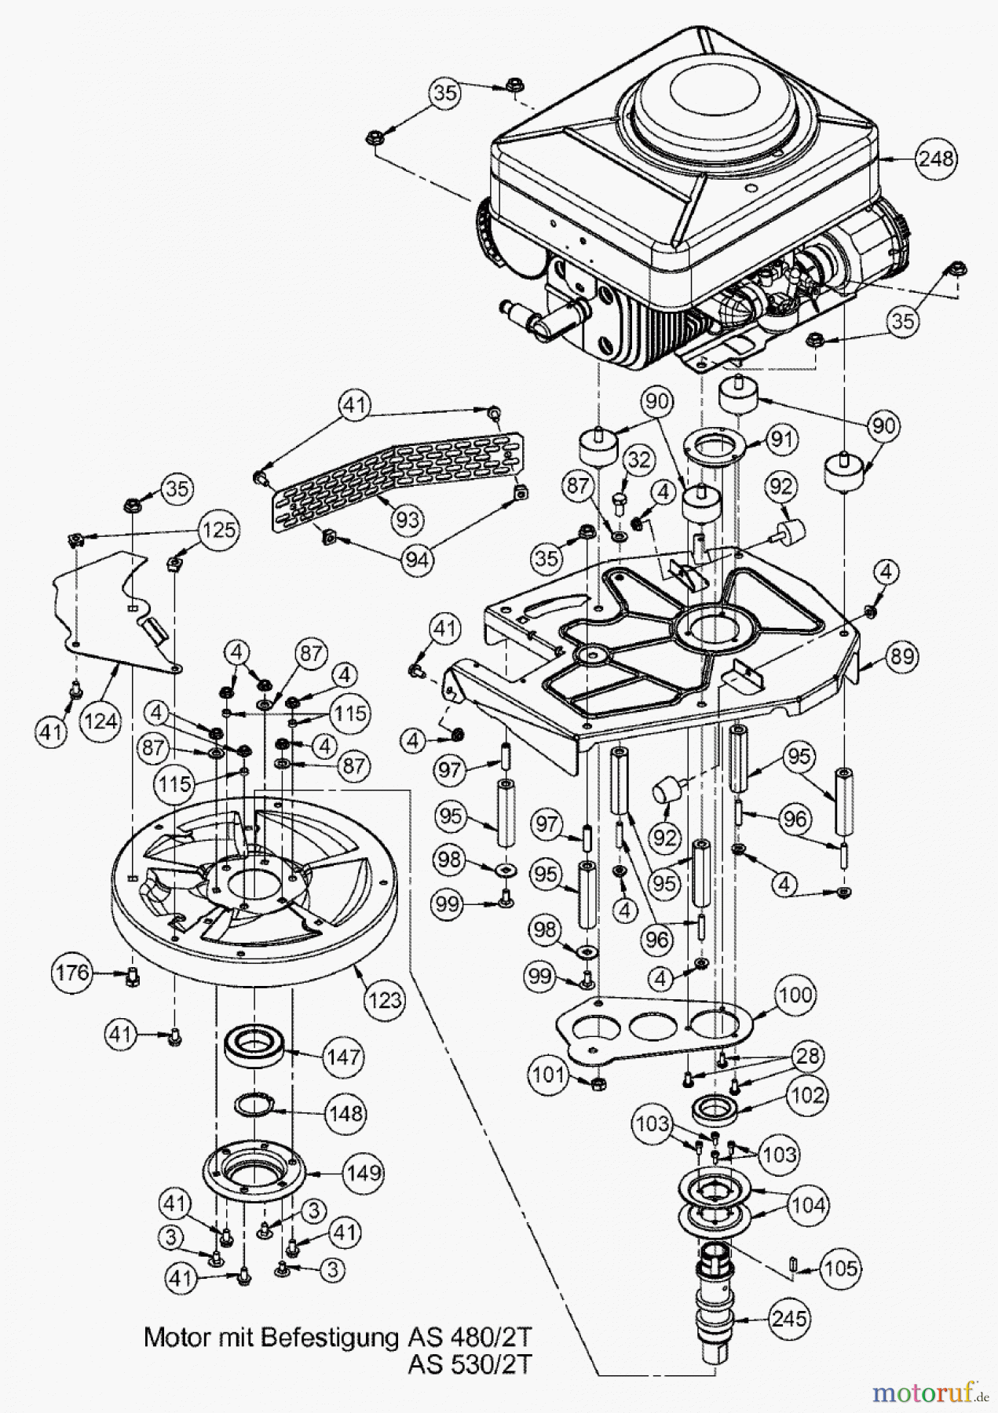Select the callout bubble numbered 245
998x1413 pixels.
coord(788,1318)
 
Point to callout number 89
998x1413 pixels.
coord(903,656)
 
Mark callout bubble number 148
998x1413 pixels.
coord(345,1113)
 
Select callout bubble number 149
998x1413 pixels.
coord(363,1173)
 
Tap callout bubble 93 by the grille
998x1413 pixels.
coord(408,519)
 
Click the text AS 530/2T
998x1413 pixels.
coord(469,1364)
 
